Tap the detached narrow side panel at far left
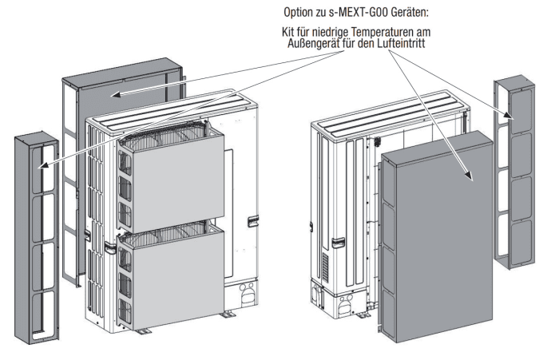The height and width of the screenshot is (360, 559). click(x=35, y=239)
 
